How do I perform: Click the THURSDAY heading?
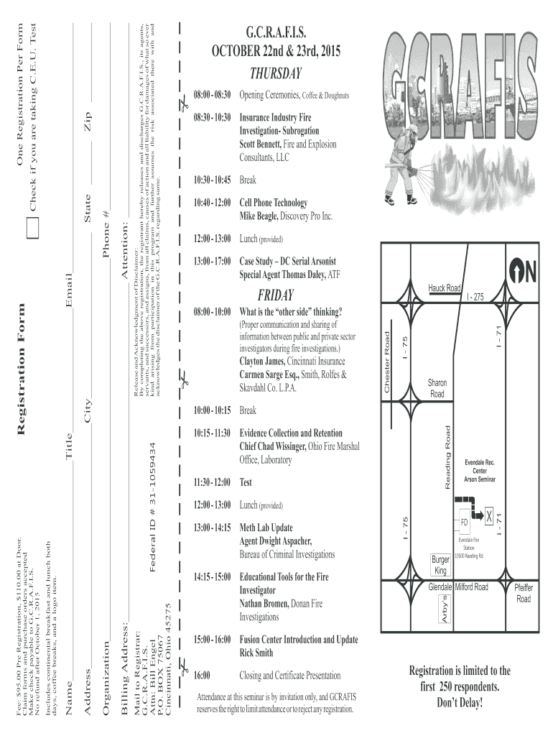276,74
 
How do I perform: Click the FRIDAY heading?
276,295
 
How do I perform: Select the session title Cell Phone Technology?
274,203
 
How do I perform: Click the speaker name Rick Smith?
256,653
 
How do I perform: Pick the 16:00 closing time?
202,676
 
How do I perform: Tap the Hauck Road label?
445,288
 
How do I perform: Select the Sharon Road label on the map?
437,389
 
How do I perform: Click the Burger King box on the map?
440,564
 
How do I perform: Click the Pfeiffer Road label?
523,593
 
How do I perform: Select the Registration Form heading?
21,369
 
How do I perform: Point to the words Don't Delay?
460,701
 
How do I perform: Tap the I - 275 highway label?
475,297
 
